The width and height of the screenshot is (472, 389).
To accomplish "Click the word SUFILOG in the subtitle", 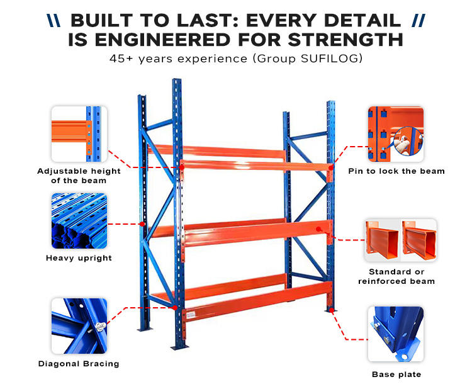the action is point(329,59).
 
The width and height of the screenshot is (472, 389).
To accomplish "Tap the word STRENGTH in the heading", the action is point(346,40).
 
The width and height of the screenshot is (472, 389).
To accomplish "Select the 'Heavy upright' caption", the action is point(79,258).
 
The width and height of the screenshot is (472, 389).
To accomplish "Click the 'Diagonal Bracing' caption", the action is point(79,364).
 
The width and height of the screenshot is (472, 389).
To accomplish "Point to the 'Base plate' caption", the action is point(396,375).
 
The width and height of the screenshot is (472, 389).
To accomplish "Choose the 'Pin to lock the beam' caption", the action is point(396,171).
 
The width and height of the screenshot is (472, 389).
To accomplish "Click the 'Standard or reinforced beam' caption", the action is point(396,276).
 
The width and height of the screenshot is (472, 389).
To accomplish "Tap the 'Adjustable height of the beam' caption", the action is point(79,176).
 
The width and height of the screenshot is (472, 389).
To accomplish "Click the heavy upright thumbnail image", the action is point(79,221).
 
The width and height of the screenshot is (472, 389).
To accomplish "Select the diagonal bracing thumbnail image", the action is point(79,326).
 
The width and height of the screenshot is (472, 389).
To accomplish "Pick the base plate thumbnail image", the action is point(396,334).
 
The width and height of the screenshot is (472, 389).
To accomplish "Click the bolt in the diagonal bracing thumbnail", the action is point(101,326).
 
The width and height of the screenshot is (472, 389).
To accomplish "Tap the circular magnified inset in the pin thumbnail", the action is point(408,141).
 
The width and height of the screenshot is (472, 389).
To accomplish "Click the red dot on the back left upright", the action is point(142,224).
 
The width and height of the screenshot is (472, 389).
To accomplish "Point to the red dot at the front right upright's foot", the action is point(331,310).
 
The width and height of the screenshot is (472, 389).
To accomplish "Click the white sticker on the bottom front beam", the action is point(191,315).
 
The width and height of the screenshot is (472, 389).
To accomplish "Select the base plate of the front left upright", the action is point(179,347).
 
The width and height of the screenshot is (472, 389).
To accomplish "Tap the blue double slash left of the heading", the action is point(54,21).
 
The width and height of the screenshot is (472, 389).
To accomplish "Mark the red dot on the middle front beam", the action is point(318,229).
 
